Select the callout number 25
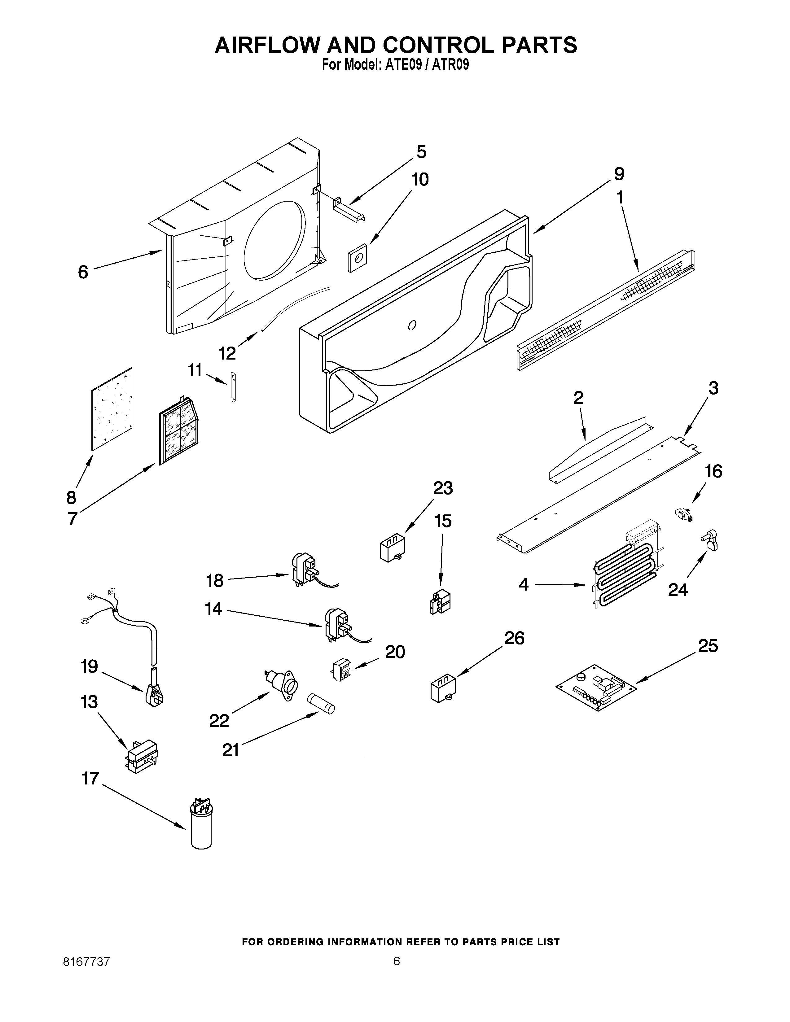coord(708,646)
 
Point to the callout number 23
coord(443,488)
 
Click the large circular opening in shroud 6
coord(274,239)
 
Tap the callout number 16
coord(713,471)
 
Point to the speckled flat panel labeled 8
coord(112,409)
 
